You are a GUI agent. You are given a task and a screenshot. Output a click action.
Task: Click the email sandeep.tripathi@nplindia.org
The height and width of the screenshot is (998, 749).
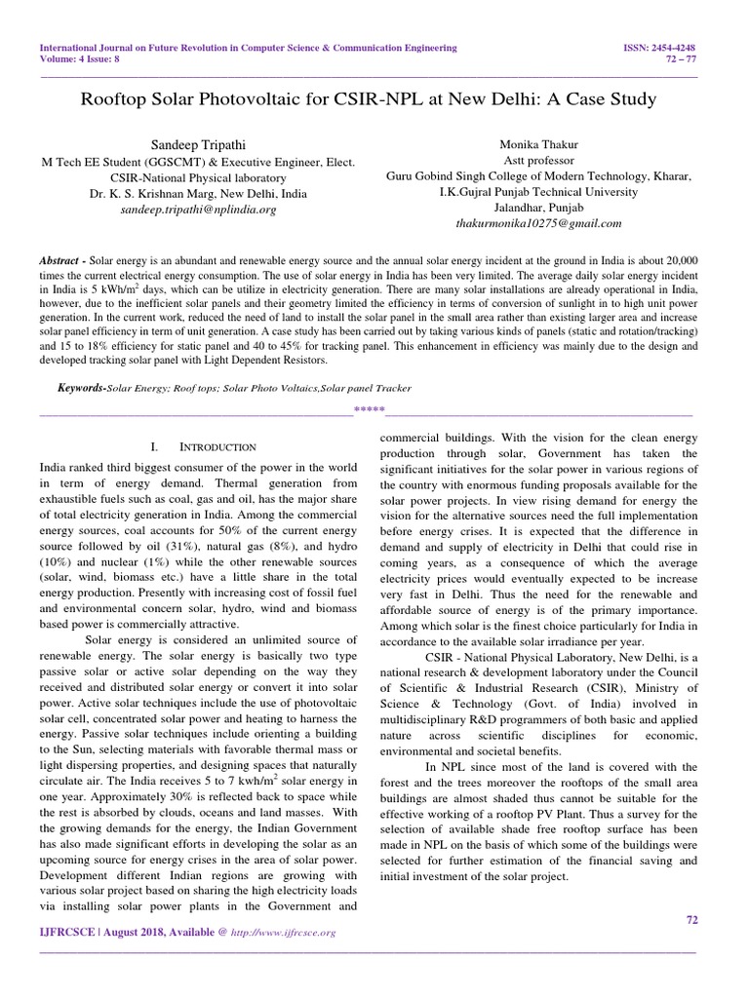(199, 210)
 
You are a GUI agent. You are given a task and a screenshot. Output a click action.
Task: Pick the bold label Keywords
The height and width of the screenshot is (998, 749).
(80, 388)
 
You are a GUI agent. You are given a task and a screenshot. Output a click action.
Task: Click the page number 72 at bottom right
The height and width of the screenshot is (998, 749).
(694, 919)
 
